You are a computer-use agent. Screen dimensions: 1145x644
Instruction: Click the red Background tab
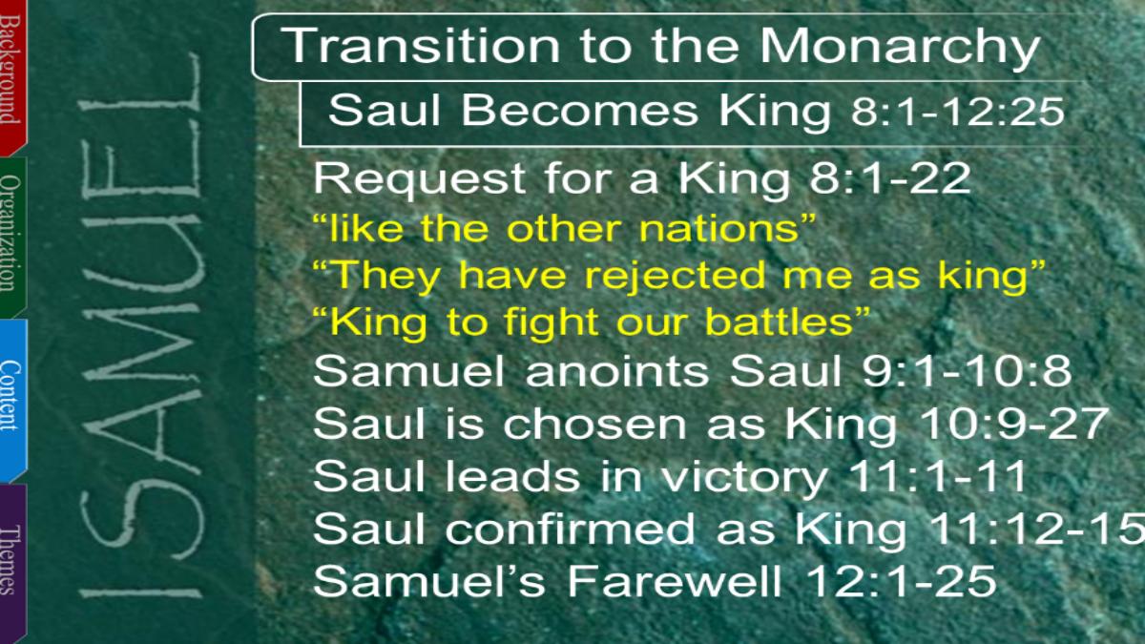point(12,76)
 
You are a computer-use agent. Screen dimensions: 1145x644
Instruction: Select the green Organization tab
point(12,237)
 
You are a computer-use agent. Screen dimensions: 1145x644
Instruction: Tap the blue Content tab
point(12,400)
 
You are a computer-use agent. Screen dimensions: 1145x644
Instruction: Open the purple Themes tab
point(12,562)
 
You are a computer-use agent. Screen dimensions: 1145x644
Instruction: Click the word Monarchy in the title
point(900,47)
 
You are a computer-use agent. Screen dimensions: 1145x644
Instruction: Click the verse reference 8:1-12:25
point(958,112)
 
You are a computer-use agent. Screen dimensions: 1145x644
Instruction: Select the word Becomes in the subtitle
point(580,111)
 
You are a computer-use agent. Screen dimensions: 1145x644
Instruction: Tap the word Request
point(419,180)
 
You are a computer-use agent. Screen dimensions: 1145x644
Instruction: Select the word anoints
point(617,370)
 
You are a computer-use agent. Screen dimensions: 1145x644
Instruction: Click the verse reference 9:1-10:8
point(967,370)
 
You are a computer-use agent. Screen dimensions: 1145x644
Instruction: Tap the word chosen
point(594,424)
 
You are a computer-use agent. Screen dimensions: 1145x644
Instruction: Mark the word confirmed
point(570,528)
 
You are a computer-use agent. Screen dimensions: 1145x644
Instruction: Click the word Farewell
point(676,581)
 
